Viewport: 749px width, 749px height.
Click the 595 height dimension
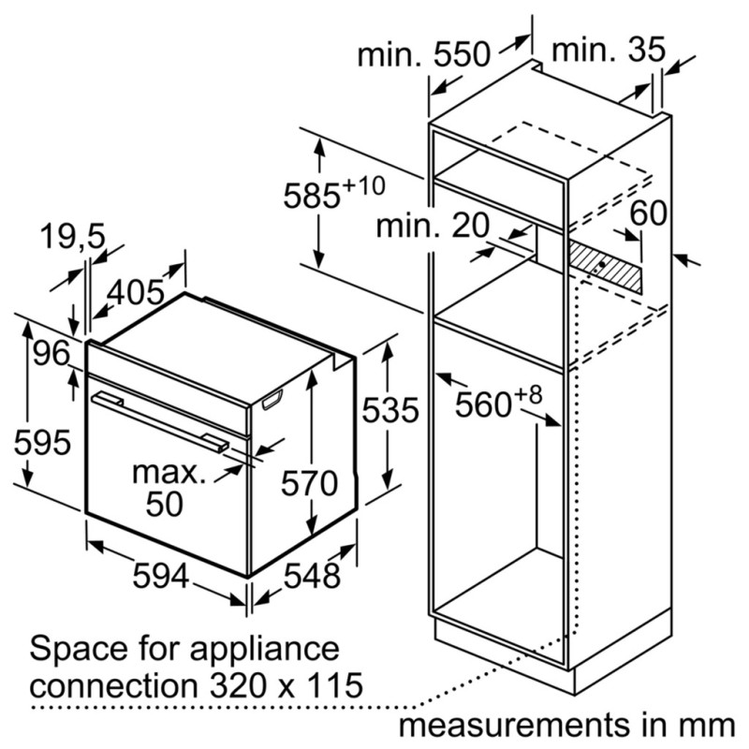pyautogui.click(x=42, y=443)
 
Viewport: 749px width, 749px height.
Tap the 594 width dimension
pyautogui.click(x=161, y=575)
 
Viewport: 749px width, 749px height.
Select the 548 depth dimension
pyautogui.click(x=312, y=575)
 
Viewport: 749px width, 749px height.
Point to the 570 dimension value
pyautogui.click(x=310, y=483)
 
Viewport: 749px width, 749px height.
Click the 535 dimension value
pyautogui.click(x=390, y=410)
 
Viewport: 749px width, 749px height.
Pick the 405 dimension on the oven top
pyautogui.click(x=136, y=292)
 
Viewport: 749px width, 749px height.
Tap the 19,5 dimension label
pyautogui.click(x=73, y=236)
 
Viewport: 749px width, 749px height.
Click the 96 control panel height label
pyautogui.click(x=51, y=354)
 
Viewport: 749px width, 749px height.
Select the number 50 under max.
pyautogui.click(x=165, y=504)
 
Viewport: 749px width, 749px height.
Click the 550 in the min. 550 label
pyautogui.click(x=462, y=54)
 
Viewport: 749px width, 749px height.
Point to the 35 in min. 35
pyautogui.click(x=646, y=49)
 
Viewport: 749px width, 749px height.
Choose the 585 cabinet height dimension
pyautogui.click(x=312, y=196)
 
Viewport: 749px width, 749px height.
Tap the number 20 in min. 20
pyautogui.click(x=471, y=226)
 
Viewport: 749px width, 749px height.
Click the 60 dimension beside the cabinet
pyautogui.click(x=648, y=213)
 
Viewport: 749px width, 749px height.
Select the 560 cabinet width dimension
pyautogui.click(x=483, y=405)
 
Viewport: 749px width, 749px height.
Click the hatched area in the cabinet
pyautogui.click(x=605, y=267)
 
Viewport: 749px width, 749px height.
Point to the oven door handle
pyautogui.click(x=160, y=422)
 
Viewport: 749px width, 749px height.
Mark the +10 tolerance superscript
pyautogui.click(x=363, y=185)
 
